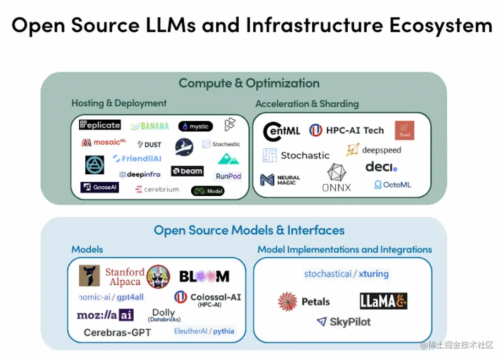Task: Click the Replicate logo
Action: [100, 125]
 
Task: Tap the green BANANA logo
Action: [150, 126]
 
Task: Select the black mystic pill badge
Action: [196, 127]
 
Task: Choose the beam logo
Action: [187, 171]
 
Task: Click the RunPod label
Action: [228, 176]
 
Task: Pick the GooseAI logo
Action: [100, 187]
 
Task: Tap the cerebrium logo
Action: [157, 189]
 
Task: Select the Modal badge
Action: [208, 191]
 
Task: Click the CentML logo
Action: [281, 131]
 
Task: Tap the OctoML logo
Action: [393, 185]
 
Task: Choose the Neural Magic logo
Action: [280, 180]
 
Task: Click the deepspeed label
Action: [373, 150]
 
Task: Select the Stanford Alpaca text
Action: [125, 277]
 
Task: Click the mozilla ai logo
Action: [105, 315]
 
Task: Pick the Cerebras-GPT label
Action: [117, 332]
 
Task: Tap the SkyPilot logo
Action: [344, 322]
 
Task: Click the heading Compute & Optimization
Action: [249, 83]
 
